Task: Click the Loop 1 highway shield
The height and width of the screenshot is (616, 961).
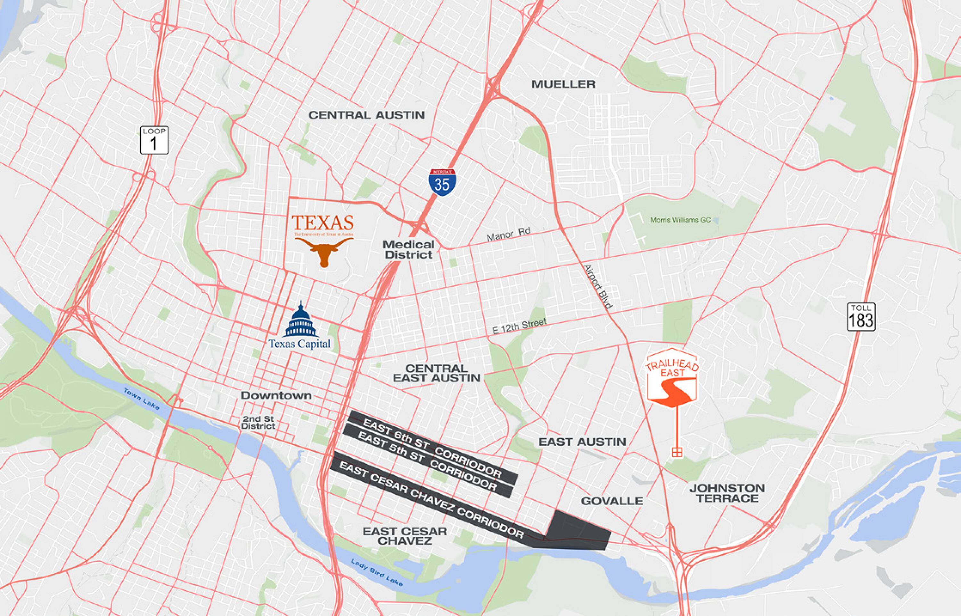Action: [x=154, y=140]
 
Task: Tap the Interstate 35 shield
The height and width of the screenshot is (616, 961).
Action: [x=442, y=182]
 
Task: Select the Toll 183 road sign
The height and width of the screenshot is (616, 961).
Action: [x=861, y=317]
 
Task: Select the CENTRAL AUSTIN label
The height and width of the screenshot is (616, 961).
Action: [x=366, y=115]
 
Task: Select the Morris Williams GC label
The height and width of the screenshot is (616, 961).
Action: [x=680, y=220]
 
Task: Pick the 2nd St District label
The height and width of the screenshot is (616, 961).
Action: [x=258, y=422]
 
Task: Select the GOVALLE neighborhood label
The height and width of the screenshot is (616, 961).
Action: [x=612, y=501]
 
